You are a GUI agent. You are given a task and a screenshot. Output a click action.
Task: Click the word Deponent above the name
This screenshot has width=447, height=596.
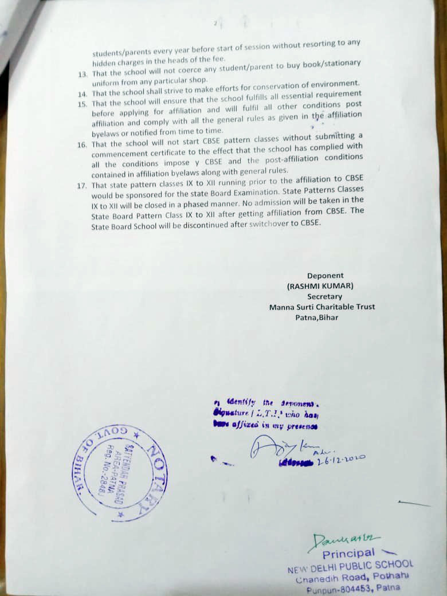pos(325,276)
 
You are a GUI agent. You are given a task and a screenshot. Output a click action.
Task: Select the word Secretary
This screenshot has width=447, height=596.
pos(324,296)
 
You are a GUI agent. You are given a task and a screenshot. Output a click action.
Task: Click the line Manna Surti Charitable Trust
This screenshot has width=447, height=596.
pos(322,307)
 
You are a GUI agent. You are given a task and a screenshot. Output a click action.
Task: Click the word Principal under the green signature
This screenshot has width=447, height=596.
pos(348,554)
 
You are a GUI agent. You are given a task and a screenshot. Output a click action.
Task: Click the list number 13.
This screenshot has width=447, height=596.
pos(84,73)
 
